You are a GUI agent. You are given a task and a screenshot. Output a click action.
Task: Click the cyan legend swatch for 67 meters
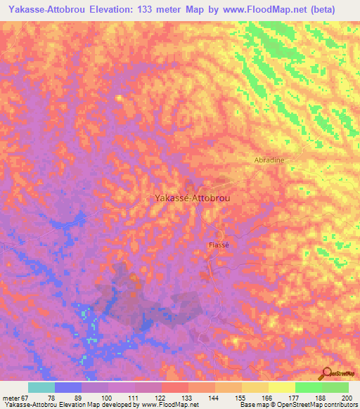click(x=41, y=387)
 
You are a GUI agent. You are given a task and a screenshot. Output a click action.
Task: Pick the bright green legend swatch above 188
click(x=308, y=387)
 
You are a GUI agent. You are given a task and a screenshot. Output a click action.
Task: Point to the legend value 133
click(x=175, y=397)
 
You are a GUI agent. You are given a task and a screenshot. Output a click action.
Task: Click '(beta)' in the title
click(x=319, y=9)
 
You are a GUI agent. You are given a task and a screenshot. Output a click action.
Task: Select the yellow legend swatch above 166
click(x=255, y=387)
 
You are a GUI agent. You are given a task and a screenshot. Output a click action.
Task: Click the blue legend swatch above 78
click(x=68, y=387)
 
